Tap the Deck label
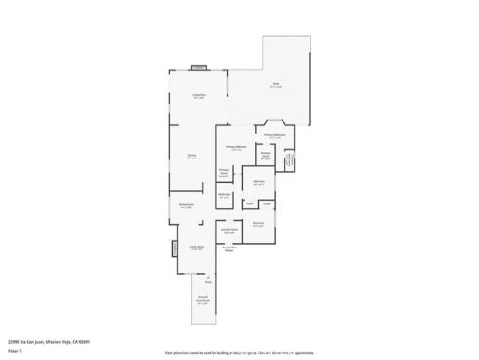pos(277,86)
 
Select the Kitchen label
pos(192,157)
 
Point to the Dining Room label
pos(185,205)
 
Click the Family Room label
pos(196,247)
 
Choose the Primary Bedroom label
pos(236,148)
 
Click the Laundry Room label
pos(229,231)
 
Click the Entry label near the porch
pos(207,279)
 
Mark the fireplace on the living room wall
pos(198,68)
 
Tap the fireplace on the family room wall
pos(175,248)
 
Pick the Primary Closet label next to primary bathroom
pos(265,155)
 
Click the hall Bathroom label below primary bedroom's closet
pos(224,195)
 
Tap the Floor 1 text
pos(14,350)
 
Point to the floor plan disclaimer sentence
pos(239,350)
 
